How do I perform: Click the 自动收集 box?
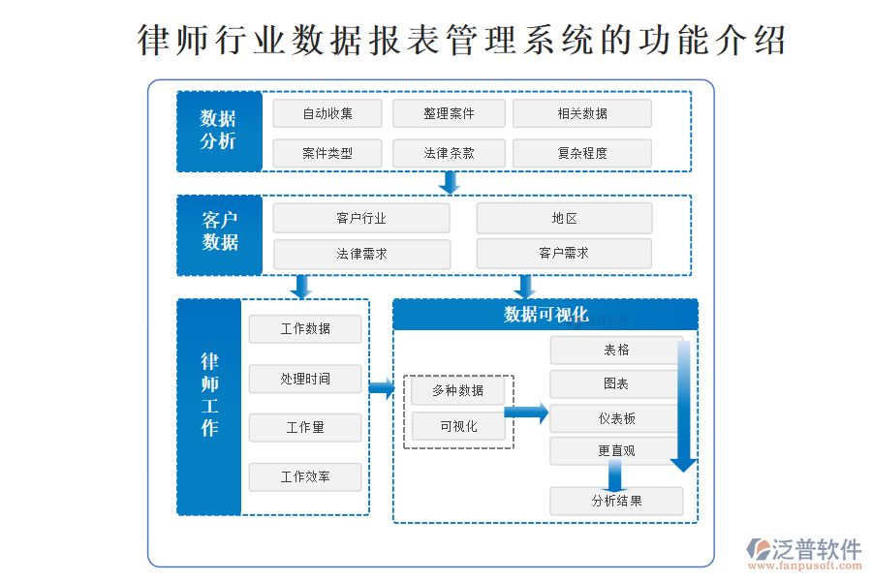tap(327, 113)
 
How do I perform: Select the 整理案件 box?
tap(449, 113)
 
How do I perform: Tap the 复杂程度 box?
tap(581, 153)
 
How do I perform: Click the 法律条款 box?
tap(449, 153)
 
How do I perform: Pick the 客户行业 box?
tap(361, 218)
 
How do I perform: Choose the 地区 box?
tap(564, 218)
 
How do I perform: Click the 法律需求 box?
tap(361, 254)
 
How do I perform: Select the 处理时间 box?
tap(305, 379)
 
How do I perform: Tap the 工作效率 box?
tap(305, 476)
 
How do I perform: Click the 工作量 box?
tap(305, 427)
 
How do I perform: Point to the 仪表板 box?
tap(616, 418)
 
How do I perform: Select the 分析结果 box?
tap(616, 501)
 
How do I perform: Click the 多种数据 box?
tap(458, 390)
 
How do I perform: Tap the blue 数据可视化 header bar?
tap(545, 315)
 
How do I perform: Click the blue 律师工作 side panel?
tap(209, 407)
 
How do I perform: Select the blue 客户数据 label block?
tap(220, 235)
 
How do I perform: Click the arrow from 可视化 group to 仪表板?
tap(527, 412)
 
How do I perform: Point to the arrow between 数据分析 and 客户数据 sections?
tap(449, 182)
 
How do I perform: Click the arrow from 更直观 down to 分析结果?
tap(614, 474)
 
